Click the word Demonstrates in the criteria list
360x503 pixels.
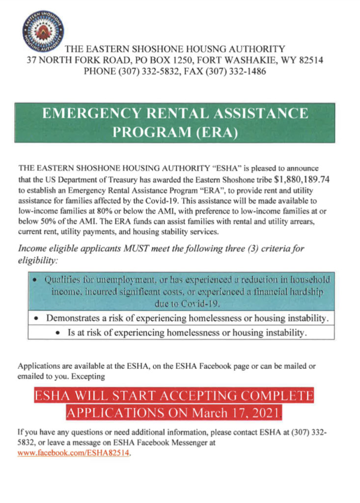click(x=74, y=319)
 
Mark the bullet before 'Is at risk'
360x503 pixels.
click(x=58, y=334)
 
